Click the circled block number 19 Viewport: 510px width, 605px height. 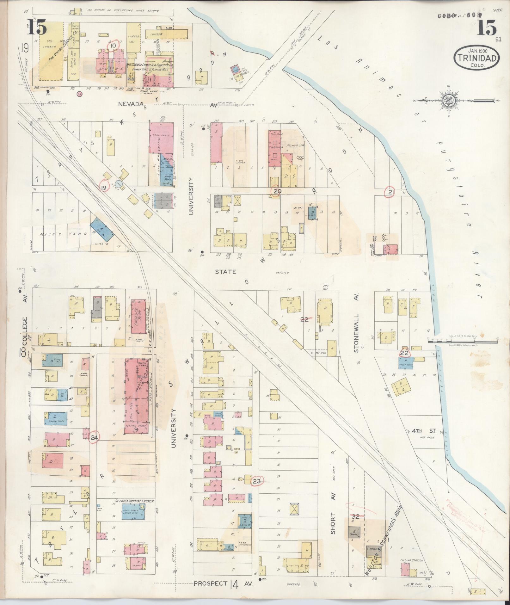[103, 188]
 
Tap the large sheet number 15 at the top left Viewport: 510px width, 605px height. [37, 27]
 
